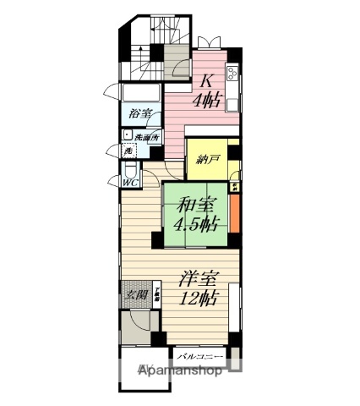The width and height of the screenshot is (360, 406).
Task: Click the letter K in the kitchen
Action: click(x=205, y=81)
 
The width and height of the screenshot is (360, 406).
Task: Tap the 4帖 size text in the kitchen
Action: click(x=205, y=99)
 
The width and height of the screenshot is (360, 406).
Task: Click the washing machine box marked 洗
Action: click(x=128, y=151)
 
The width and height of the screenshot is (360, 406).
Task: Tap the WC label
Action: click(x=130, y=182)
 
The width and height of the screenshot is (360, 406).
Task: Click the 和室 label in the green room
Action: click(x=195, y=206)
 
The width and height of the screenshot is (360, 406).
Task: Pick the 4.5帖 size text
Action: click(x=195, y=224)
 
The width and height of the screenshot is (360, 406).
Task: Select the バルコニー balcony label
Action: click(x=200, y=357)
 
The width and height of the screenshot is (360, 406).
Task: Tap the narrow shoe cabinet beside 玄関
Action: click(x=156, y=295)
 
